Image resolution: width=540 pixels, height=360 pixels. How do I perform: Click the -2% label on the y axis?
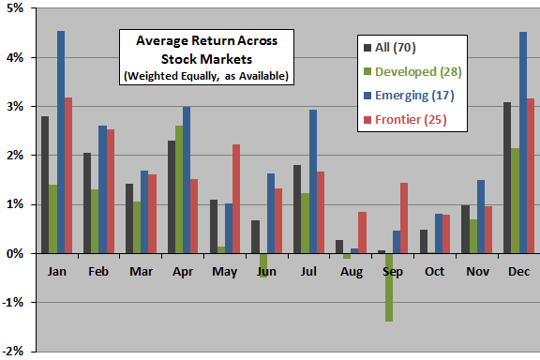pos(17,352)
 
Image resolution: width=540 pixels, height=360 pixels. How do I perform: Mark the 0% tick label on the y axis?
pos(19,253)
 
